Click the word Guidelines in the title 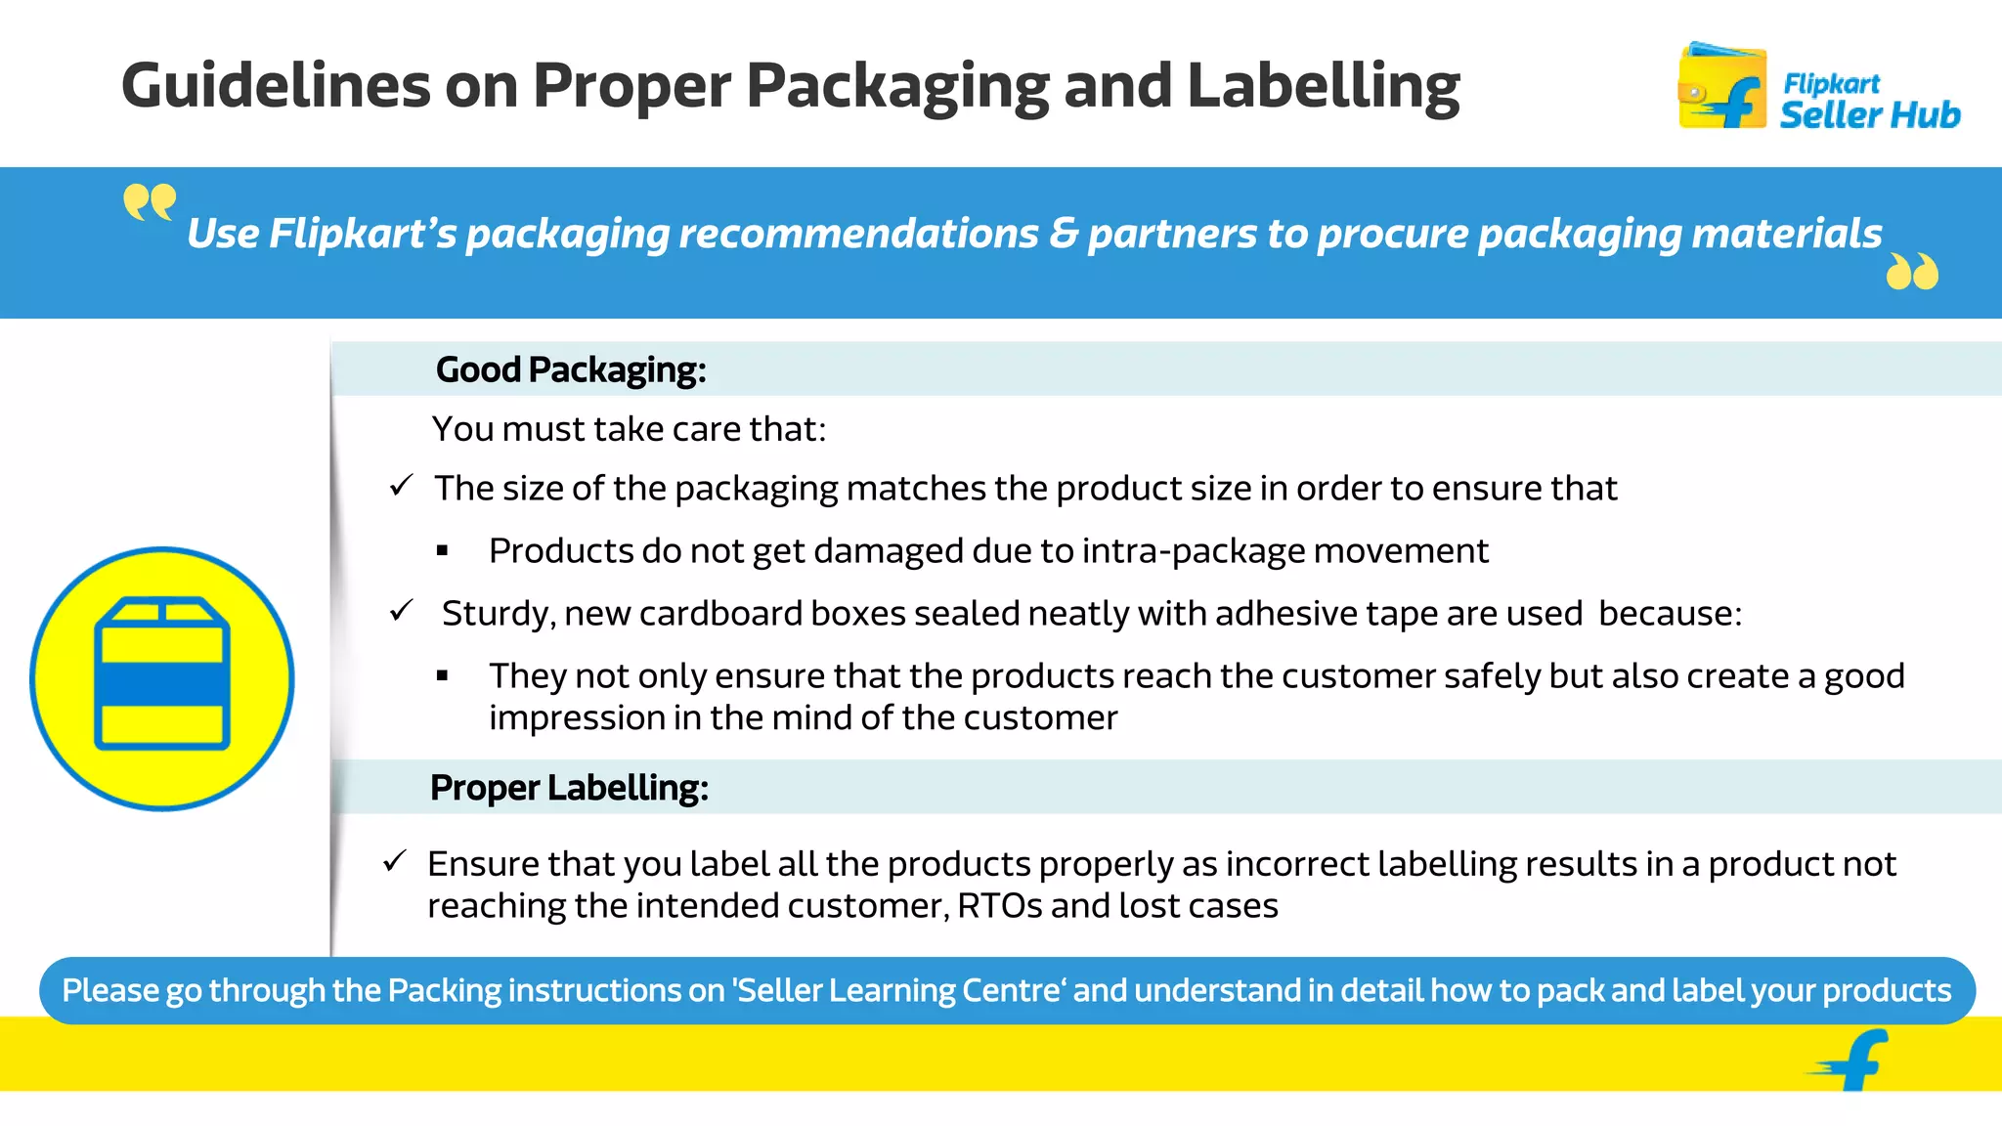[276, 86]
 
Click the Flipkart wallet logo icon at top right [1722, 88]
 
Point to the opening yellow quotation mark [150, 203]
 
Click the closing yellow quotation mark [1912, 272]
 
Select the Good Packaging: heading [571, 369]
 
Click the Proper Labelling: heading [569, 788]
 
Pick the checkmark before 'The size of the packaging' [402, 485]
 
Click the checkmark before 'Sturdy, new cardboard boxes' [402, 611]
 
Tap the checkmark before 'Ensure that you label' [395, 861]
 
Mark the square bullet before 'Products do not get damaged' [443, 551]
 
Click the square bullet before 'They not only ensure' [443, 675]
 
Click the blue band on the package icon [162, 683]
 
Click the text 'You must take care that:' [630, 429]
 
